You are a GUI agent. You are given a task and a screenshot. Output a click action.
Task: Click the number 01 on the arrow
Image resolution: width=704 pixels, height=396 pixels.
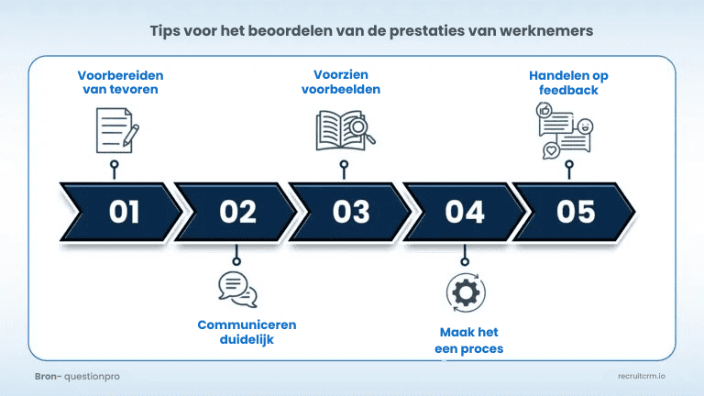124,212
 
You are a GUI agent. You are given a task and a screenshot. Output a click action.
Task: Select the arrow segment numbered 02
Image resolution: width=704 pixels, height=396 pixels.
237,212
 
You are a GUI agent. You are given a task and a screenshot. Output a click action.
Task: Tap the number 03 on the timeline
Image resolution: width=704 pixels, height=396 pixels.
350,212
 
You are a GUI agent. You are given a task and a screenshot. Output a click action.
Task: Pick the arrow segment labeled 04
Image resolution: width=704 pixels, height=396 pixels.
464,212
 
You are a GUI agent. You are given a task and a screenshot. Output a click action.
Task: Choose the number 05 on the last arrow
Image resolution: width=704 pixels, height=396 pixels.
576,212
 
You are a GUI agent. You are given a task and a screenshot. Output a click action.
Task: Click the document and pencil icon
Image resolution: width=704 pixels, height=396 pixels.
116,129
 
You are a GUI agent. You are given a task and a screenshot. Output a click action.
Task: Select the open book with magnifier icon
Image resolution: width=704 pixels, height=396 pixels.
346,130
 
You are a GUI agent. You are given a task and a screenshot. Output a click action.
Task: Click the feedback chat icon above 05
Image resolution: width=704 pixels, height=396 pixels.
565,131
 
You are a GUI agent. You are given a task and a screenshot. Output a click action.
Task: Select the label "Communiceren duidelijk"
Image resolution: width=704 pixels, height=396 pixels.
247,332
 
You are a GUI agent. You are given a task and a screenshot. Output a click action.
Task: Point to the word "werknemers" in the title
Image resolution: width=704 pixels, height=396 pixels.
552,30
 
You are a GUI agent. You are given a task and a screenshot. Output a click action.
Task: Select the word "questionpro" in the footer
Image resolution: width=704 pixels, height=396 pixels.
91,376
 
